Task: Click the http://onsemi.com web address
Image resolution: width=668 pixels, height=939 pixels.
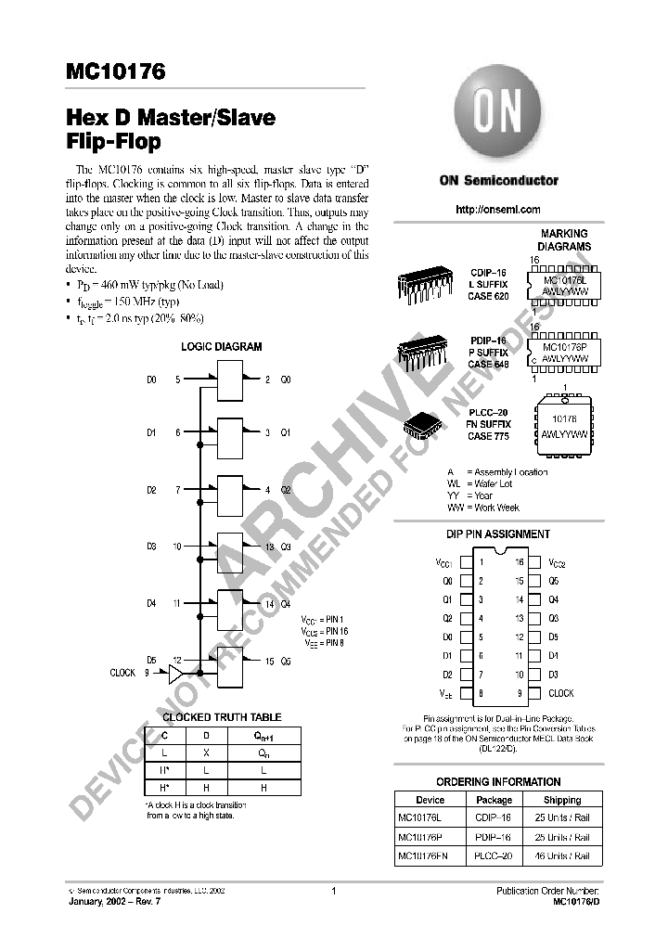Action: click(498, 211)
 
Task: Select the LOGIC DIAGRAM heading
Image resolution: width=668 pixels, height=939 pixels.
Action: click(221, 347)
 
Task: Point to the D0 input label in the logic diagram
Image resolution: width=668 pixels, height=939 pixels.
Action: click(152, 379)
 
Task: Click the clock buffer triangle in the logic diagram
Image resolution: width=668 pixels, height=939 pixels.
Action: click(176, 674)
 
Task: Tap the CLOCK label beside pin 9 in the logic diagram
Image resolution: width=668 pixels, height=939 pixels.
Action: click(122, 674)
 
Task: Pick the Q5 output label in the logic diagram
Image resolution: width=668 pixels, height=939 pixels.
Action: click(286, 662)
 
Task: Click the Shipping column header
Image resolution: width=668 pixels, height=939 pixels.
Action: click(562, 800)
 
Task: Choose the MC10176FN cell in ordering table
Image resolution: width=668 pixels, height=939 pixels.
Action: click(422, 856)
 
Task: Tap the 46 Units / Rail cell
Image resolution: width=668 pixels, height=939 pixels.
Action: click(562, 856)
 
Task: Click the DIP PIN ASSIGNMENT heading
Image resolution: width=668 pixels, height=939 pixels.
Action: click(498, 534)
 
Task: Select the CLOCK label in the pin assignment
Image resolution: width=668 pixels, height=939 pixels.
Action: click(560, 693)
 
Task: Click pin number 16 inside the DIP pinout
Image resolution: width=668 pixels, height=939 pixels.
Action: click(520, 562)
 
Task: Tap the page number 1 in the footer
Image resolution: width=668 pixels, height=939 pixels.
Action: click(332, 891)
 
